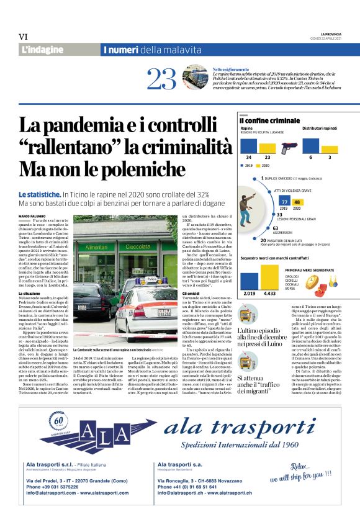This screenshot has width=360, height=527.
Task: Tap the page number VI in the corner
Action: [23, 37]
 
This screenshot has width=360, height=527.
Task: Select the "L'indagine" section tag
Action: [42, 49]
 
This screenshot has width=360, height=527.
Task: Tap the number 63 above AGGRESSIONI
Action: [275, 228]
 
